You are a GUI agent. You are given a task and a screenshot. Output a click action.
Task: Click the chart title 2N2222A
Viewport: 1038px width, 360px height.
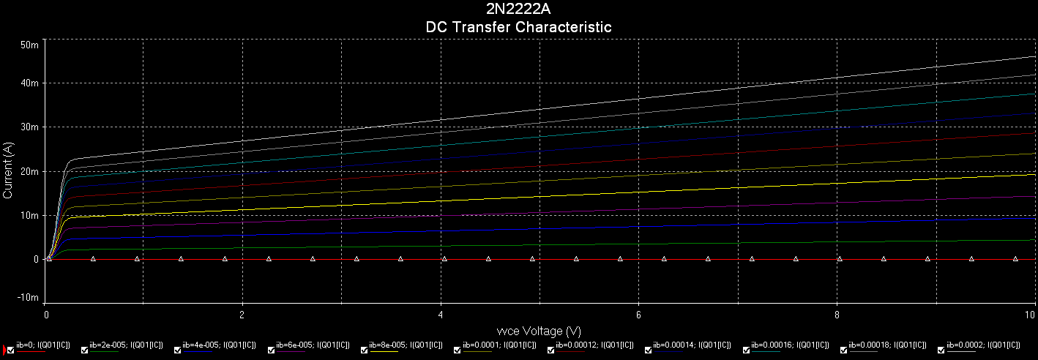[x=518, y=10]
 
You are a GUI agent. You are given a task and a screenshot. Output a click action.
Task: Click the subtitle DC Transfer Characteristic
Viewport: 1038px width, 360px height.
[x=518, y=27]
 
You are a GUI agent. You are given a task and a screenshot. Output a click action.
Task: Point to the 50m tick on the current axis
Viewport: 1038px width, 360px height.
[x=29, y=45]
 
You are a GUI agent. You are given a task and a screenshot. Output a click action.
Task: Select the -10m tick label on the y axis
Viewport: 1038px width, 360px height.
[x=27, y=298]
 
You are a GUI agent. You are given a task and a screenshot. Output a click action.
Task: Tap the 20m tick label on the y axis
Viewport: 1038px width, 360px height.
[x=29, y=171]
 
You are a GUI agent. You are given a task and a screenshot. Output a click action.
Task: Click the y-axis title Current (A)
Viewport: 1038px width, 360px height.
[x=8, y=171]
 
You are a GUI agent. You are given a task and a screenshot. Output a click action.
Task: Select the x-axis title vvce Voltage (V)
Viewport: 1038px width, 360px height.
[x=529, y=331]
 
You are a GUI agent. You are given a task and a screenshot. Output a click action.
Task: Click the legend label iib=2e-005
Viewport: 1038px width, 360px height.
[x=125, y=344]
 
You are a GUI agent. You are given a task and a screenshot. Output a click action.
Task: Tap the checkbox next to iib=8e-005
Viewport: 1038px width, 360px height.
[x=365, y=349]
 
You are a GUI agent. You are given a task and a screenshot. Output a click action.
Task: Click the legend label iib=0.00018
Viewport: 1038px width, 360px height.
[x=885, y=344]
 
